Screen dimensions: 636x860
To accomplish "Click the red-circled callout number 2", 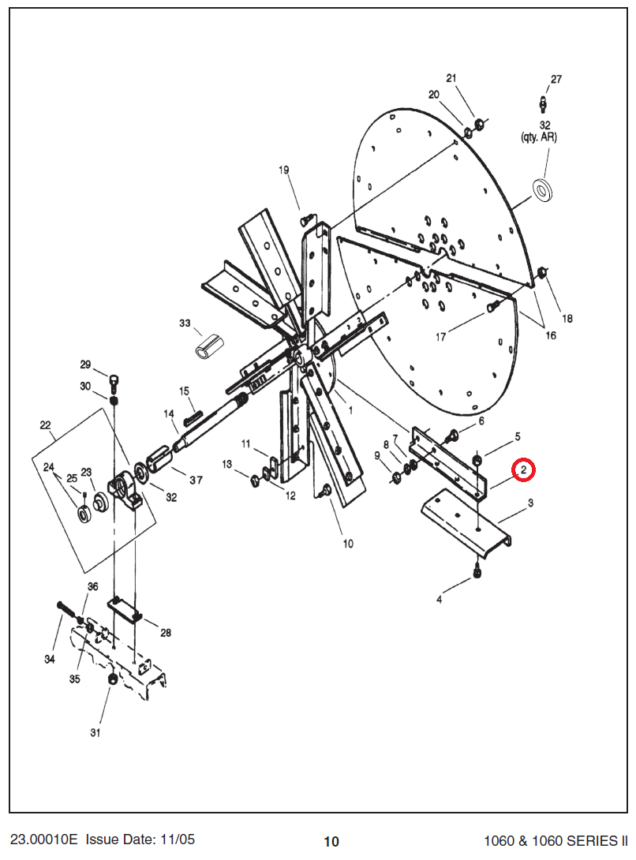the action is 523,469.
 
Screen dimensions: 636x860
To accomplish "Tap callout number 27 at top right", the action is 556,79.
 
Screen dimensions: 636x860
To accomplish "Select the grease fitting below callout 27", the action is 543,103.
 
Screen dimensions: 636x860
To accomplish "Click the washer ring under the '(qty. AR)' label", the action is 543,190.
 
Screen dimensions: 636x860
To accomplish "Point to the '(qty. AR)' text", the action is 539,137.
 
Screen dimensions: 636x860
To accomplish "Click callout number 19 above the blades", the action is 284,170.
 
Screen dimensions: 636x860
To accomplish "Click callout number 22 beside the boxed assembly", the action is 46,425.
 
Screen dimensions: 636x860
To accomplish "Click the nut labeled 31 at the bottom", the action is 112,679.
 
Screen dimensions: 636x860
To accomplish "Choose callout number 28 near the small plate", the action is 166,633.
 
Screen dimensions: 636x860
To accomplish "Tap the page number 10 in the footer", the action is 331,841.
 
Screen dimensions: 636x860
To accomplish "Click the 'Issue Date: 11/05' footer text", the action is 140,839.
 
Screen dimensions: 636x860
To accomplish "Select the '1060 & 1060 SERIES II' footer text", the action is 556,841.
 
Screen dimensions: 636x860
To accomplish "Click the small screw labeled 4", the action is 477,572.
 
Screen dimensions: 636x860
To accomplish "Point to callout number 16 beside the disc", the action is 551,335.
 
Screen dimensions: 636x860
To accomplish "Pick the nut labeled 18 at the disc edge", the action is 541,271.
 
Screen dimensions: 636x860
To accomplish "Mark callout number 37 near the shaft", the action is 196,480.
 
